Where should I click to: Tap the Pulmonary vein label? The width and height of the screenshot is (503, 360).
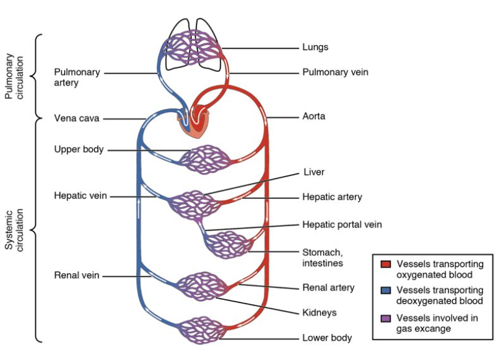click(x=335, y=72)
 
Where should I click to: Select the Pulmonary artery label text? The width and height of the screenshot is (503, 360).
click(x=77, y=77)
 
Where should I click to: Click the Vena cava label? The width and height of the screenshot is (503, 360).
click(x=77, y=118)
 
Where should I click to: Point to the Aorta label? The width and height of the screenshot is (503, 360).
click(x=313, y=116)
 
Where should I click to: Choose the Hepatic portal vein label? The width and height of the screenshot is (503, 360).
click(x=342, y=224)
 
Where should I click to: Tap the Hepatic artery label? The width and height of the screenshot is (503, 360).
click(x=332, y=197)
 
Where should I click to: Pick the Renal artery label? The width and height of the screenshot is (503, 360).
click(x=328, y=288)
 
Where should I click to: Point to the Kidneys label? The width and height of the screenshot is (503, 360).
click(x=320, y=313)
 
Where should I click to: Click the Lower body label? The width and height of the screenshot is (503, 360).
click(x=327, y=338)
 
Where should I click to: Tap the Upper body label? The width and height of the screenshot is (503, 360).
click(x=79, y=149)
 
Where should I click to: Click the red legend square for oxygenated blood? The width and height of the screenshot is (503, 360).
click(x=385, y=265)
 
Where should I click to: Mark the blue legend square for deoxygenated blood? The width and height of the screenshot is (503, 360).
click(x=385, y=291)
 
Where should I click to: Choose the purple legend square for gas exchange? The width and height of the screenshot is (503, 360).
click(x=385, y=318)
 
